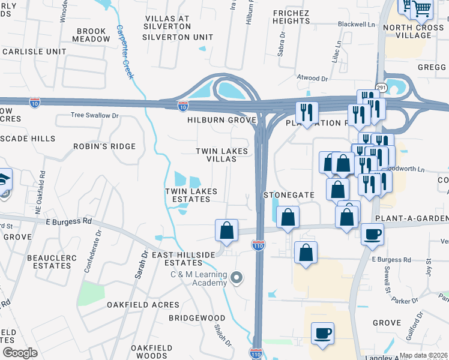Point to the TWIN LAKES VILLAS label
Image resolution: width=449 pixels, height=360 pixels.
pyautogui.click(x=223, y=155)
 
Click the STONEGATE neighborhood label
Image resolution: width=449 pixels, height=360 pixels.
pyautogui.click(x=289, y=195)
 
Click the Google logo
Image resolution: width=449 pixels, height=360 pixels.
pyautogui.click(x=20, y=353)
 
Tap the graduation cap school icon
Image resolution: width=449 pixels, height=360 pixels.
pyautogui.click(x=3, y=180)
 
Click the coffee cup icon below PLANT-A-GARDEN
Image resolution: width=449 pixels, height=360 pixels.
pyautogui.click(x=372, y=234)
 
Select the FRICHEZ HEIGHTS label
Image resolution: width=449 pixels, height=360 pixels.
pyautogui.click(x=291, y=16)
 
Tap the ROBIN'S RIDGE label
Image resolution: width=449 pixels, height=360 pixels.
pyautogui.click(x=104, y=146)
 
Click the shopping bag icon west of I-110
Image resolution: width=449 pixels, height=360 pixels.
pyautogui.click(x=227, y=230)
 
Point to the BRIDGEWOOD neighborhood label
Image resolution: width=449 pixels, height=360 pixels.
pyautogui.click(x=196, y=318)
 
